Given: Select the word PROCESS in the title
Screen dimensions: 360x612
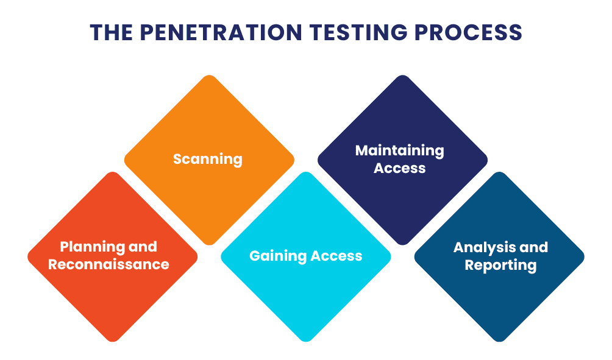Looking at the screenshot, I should tap(466, 32).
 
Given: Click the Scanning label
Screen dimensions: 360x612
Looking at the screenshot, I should tap(208, 160).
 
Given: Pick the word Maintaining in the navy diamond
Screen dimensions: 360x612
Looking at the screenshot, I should tap(400, 150).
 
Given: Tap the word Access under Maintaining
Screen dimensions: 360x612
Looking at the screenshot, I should tap(400, 168).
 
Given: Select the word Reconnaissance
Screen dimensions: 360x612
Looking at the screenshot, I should tap(109, 264).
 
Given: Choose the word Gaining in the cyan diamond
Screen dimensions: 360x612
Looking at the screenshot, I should tap(278, 256).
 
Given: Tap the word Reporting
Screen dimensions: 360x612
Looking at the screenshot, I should tap(500, 266).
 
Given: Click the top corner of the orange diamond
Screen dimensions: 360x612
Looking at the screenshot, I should tap(209, 76).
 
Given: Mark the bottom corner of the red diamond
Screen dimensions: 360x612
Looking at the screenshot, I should tap(113, 341).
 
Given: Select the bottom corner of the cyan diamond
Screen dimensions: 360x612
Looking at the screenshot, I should tap(306, 341).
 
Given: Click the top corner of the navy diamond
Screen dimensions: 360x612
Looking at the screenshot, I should tap(402, 76).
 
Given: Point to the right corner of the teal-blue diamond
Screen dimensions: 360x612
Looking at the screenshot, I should tap(583, 256).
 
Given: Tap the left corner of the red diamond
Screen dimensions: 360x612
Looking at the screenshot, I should tap(29, 256).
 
